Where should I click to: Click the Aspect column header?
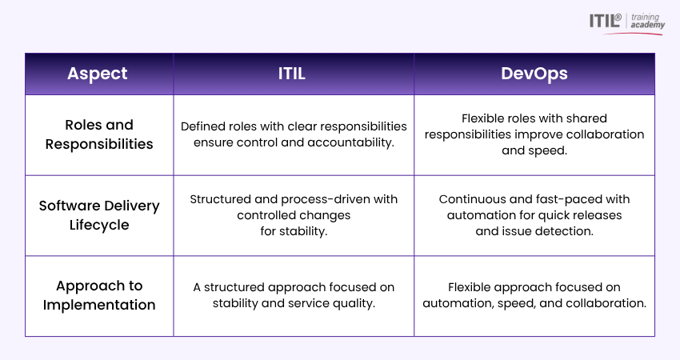(x=98, y=74)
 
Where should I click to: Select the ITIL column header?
(x=293, y=74)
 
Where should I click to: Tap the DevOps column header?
(x=534, y=74)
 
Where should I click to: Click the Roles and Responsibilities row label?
(x=99, y=134)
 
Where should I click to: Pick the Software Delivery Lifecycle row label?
(x=99, y=215)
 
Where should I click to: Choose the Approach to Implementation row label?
(x=99, y=295)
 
